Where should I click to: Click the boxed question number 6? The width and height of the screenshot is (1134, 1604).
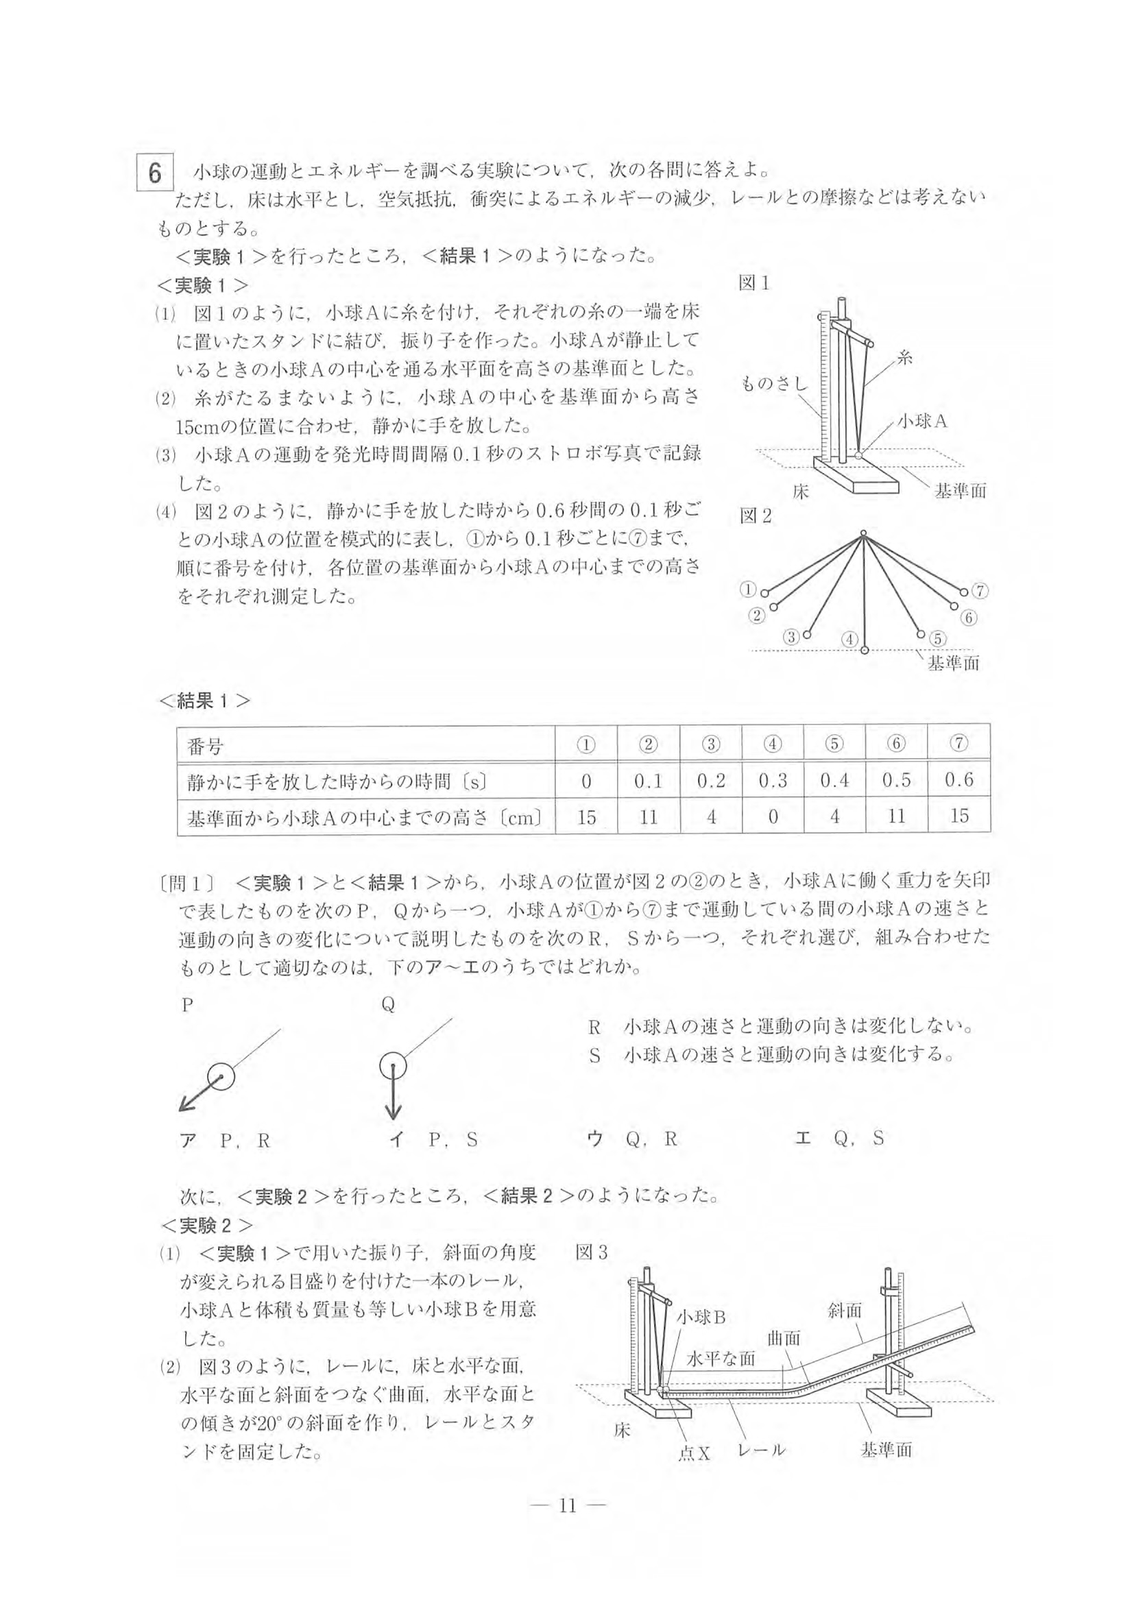coord(154,173)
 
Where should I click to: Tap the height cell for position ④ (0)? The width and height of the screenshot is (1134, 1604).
coord(773,816)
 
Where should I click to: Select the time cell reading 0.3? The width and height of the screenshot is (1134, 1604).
coord(773,779)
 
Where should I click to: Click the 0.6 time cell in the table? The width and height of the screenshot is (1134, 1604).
coord(958,779)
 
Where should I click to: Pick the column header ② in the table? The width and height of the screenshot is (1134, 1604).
coord(649,744)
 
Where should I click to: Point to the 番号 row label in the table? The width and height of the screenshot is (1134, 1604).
coord(205,746)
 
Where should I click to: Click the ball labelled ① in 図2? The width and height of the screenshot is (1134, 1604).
coord(765,593)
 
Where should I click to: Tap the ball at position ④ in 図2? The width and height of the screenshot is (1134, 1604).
coord(865,651)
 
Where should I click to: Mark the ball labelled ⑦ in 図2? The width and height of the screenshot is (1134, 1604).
coord(963,592)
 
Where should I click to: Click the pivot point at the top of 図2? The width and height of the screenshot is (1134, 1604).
coord(864,534)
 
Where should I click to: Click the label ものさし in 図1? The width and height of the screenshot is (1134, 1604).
coord(773,383)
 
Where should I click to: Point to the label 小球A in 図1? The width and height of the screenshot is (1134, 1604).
coord(921,421)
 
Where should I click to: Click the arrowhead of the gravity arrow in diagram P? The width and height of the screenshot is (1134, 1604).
coord(184,1106)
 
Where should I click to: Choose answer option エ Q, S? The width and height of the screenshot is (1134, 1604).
coord(839,1159)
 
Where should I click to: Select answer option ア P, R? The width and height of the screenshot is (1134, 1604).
coord(225,1161)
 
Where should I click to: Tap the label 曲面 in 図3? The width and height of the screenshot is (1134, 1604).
coord(783,1339)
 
